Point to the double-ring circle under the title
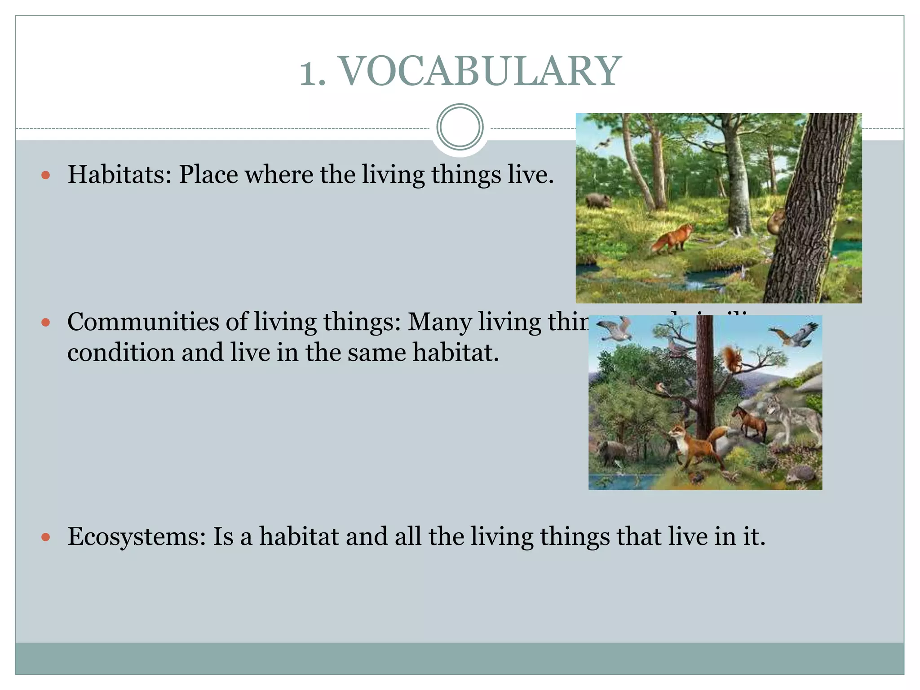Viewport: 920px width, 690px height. click(x=460, y=127)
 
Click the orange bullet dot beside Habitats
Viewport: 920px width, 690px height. click(x=45, y=175)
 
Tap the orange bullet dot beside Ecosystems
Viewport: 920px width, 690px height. click(x=45, y=537)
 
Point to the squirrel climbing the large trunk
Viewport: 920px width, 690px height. click(x=776, y=221)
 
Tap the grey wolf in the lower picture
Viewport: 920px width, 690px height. click(x=793, y=416)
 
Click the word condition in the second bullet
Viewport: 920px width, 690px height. click(x=121, y=352)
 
